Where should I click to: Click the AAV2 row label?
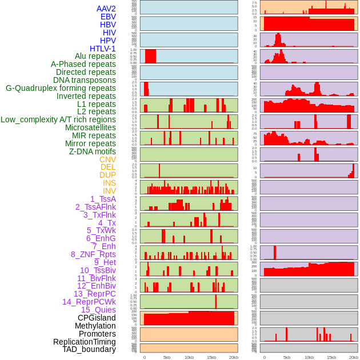[x=106, y=9]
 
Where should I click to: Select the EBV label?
[x=108, y=17]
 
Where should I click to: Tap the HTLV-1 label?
[x=103, y=49]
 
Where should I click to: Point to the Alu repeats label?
[x=95, y=56]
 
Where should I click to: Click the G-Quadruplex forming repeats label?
[x=61, y=88]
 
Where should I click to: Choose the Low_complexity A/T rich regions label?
[x=58, y=119]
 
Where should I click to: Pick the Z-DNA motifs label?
[x=93, y=151]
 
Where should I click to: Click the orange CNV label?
[x=107, y=159]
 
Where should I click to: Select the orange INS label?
[x=109, y=183]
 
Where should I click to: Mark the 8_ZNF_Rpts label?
[x=93, y=254]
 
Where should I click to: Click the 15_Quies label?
[x=98, y=310]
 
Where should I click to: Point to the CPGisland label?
[x=97, y=318]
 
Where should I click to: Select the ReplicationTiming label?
[x=85, y=342]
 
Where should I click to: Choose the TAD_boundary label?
[x=89, y=349]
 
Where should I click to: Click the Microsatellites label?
[x=90, y=127]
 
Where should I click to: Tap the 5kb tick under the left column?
[x=167, y=357]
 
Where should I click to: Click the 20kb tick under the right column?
[x=354, y=357]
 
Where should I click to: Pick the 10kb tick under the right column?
[x=309, y=357]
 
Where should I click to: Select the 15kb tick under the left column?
[x=211, y=357]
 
